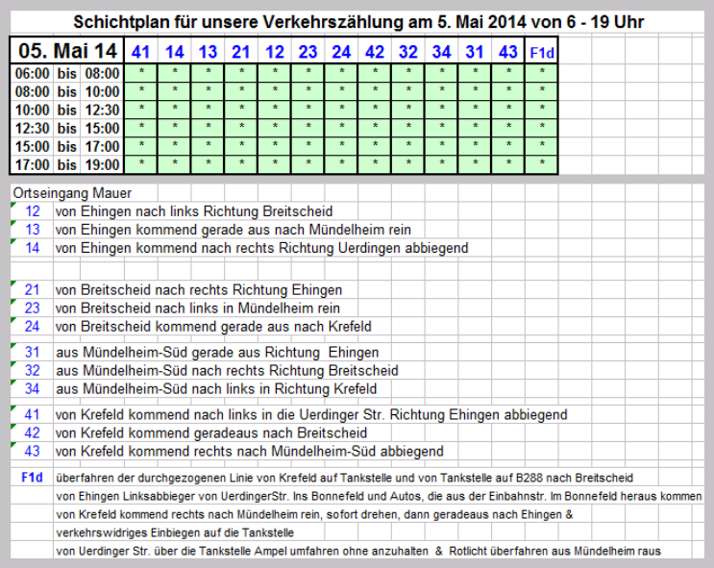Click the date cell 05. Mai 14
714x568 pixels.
(x=67, y=50)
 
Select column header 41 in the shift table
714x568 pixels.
(x=141, y=52)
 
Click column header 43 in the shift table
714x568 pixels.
(x=508, y=52)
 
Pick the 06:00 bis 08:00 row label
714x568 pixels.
(x=67, y=73)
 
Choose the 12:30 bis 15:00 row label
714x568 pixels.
(x=67, y=128)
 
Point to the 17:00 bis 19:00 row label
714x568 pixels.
(x=67, y=164)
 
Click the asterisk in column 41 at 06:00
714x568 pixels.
(x=141, y=73)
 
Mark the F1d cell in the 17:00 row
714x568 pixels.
(x=542, y=164)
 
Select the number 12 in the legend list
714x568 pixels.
(x=33, y=211)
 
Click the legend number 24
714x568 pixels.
(x=33, y=327)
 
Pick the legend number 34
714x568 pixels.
(x=33, y=389)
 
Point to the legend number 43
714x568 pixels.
(x=33, y=451)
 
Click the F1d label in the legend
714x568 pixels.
(x=32, y=477)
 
